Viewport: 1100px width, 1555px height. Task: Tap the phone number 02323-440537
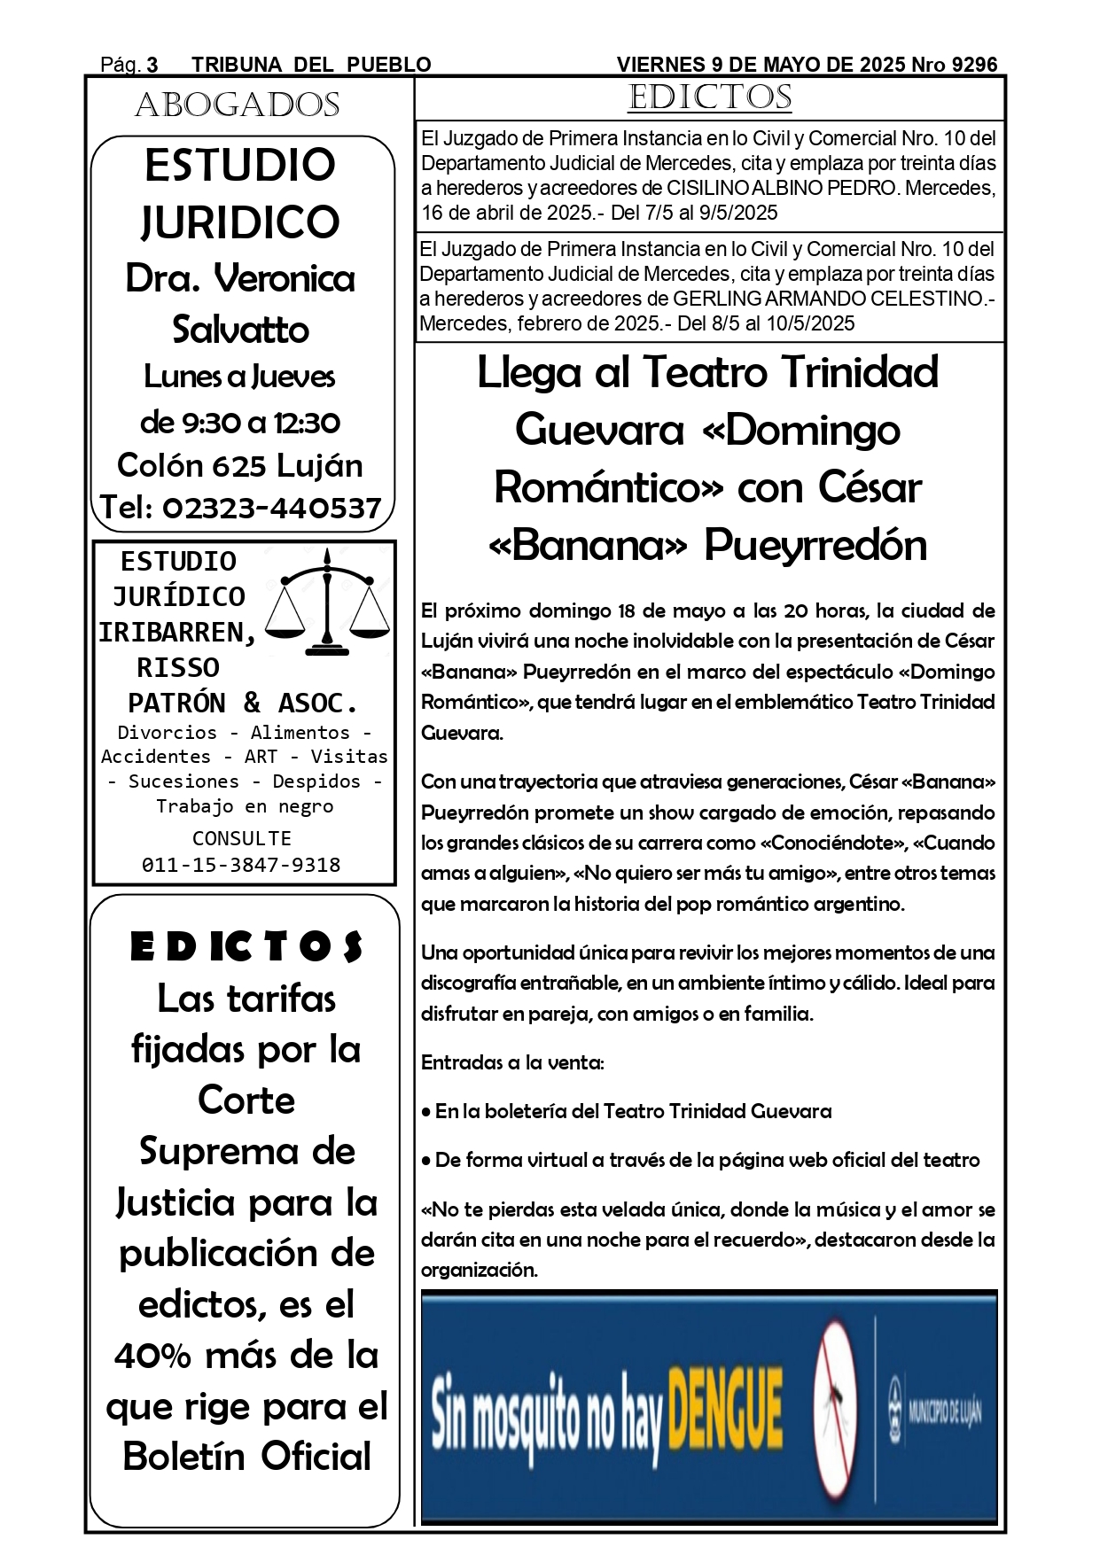coord(272,508)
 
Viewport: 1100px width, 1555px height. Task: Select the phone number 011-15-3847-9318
coord(241,865)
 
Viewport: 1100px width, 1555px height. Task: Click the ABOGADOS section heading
coord(238,105)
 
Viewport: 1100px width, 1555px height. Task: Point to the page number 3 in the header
coord(152,65)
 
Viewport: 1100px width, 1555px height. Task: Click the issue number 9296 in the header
coord(974,65)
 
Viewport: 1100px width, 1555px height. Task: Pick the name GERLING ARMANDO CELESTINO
coord(828,299)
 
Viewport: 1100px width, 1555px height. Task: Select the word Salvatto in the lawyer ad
coord(240,330)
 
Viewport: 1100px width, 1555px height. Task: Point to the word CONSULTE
coord(241,838)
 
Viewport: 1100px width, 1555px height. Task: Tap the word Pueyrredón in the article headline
coord(815,545)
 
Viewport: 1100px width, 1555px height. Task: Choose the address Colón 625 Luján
coord(240,465)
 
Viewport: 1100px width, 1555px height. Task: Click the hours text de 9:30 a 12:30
coord(240,423)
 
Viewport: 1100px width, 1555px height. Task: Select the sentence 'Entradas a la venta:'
coord(512,1062)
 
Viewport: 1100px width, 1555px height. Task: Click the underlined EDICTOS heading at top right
coord(709,97)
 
